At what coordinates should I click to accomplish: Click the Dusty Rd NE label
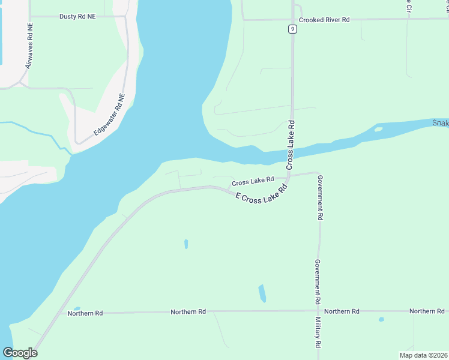pyautogui.click(x=77, y=17)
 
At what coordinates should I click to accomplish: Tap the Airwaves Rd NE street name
pyautogui.click(x=29, y=46)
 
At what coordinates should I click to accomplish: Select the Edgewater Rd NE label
pyautogui.click(x=109, y=114)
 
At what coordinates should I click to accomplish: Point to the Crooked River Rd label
pyautogui.click(x=324, y=20)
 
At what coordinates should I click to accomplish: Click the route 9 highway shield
pyautogui.click(x=292, y=28)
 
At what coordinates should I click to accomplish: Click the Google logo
pyautogui.click(x=20, y=352)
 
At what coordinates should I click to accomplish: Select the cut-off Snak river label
pyautogui.click(x=441, y=123)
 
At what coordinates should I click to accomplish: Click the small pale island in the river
pyautogui.click(x=378, y=128)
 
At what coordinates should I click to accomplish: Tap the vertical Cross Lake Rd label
pyautogui.click(x=291, y=144)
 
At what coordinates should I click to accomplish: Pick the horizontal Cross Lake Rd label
pyautogui.click(x=253, y=180)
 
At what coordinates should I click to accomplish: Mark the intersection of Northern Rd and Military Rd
pyautogui.click(x=318, y=311)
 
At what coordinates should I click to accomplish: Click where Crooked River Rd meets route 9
pyautogui.click(x=292, y=20)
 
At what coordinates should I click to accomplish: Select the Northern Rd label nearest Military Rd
pyautogui.click(x=342, y=311)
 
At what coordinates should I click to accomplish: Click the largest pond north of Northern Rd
pyautogui.click(x=262, y=293)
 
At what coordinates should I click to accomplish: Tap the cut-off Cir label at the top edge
pyautogui.click(x=408, y=5)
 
